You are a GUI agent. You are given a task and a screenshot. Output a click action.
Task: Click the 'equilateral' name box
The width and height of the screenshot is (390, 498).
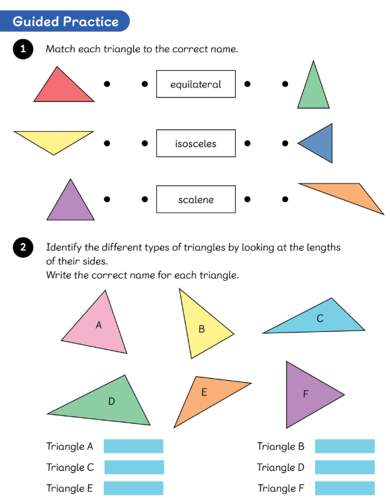[196, 84]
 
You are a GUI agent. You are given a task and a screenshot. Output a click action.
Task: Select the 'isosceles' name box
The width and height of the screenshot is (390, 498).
[196, 143]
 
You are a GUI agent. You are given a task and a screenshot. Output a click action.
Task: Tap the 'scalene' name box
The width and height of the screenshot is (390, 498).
[196, 199]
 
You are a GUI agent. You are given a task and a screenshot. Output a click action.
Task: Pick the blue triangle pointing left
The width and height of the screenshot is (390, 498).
[320, 143]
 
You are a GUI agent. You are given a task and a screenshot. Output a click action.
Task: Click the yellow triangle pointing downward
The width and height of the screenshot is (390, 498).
[54, 140]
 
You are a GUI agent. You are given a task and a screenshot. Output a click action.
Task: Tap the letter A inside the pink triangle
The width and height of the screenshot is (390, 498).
[99, 325]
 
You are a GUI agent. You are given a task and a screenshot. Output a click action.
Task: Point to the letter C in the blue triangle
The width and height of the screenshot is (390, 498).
[320, 319]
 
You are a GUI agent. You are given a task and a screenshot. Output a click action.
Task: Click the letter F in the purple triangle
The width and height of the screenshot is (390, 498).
[305, 394]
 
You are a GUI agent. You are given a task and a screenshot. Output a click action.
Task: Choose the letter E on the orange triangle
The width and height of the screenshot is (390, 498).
[204, 392]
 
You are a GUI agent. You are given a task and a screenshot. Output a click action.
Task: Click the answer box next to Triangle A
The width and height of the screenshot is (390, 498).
[133, 446]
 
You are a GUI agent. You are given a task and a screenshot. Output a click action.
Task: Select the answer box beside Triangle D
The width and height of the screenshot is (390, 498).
[345, 467]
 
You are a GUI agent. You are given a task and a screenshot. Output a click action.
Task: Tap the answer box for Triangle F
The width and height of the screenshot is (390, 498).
[345, 488]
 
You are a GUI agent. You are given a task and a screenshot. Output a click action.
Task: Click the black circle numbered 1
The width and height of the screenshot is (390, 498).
[23, 49]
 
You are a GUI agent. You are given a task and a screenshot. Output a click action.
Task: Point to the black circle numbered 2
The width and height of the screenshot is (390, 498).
[23, 248]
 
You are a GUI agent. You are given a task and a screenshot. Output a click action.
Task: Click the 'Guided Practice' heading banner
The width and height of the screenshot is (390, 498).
[65, 21]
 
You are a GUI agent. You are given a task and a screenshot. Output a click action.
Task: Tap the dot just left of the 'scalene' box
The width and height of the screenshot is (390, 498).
[144, 199]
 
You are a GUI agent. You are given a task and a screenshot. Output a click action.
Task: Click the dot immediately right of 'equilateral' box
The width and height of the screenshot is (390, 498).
[248, 84]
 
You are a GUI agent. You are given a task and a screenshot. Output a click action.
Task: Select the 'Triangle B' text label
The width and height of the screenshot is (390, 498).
[281, 446]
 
